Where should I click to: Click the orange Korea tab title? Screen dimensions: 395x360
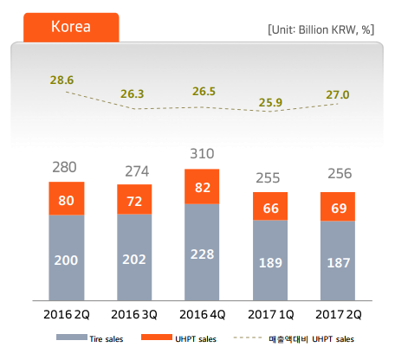point(71,27)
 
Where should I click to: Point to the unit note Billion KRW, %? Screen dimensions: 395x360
point(321,29)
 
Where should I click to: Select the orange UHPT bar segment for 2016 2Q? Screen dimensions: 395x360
point(67,198)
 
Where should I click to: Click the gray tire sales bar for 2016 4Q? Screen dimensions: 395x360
point(202,252)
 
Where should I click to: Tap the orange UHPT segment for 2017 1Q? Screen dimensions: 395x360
point(270,206)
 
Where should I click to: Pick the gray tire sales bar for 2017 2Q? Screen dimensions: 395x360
point(338,260)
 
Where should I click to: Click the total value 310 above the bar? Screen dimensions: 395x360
point(202,153)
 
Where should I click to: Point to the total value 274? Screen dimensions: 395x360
point(137,171)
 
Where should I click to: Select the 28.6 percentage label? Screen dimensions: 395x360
point(62,80)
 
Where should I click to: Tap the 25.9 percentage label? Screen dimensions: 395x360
point(270,102)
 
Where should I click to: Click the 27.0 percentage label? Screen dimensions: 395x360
point(338,94)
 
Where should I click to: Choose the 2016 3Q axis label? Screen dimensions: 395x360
point(134,314)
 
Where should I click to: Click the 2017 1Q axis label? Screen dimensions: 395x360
point(271,314)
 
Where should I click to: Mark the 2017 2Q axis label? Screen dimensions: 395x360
point(339,314)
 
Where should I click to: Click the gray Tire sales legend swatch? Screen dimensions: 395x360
point(72,337)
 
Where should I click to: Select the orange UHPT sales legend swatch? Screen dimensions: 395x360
point(157,337)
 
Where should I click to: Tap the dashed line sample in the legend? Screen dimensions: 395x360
point(248,337)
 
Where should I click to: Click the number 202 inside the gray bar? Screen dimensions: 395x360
point(134,260)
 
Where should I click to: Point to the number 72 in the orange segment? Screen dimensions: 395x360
point(134,202)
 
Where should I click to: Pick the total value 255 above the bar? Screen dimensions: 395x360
point(268,178)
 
